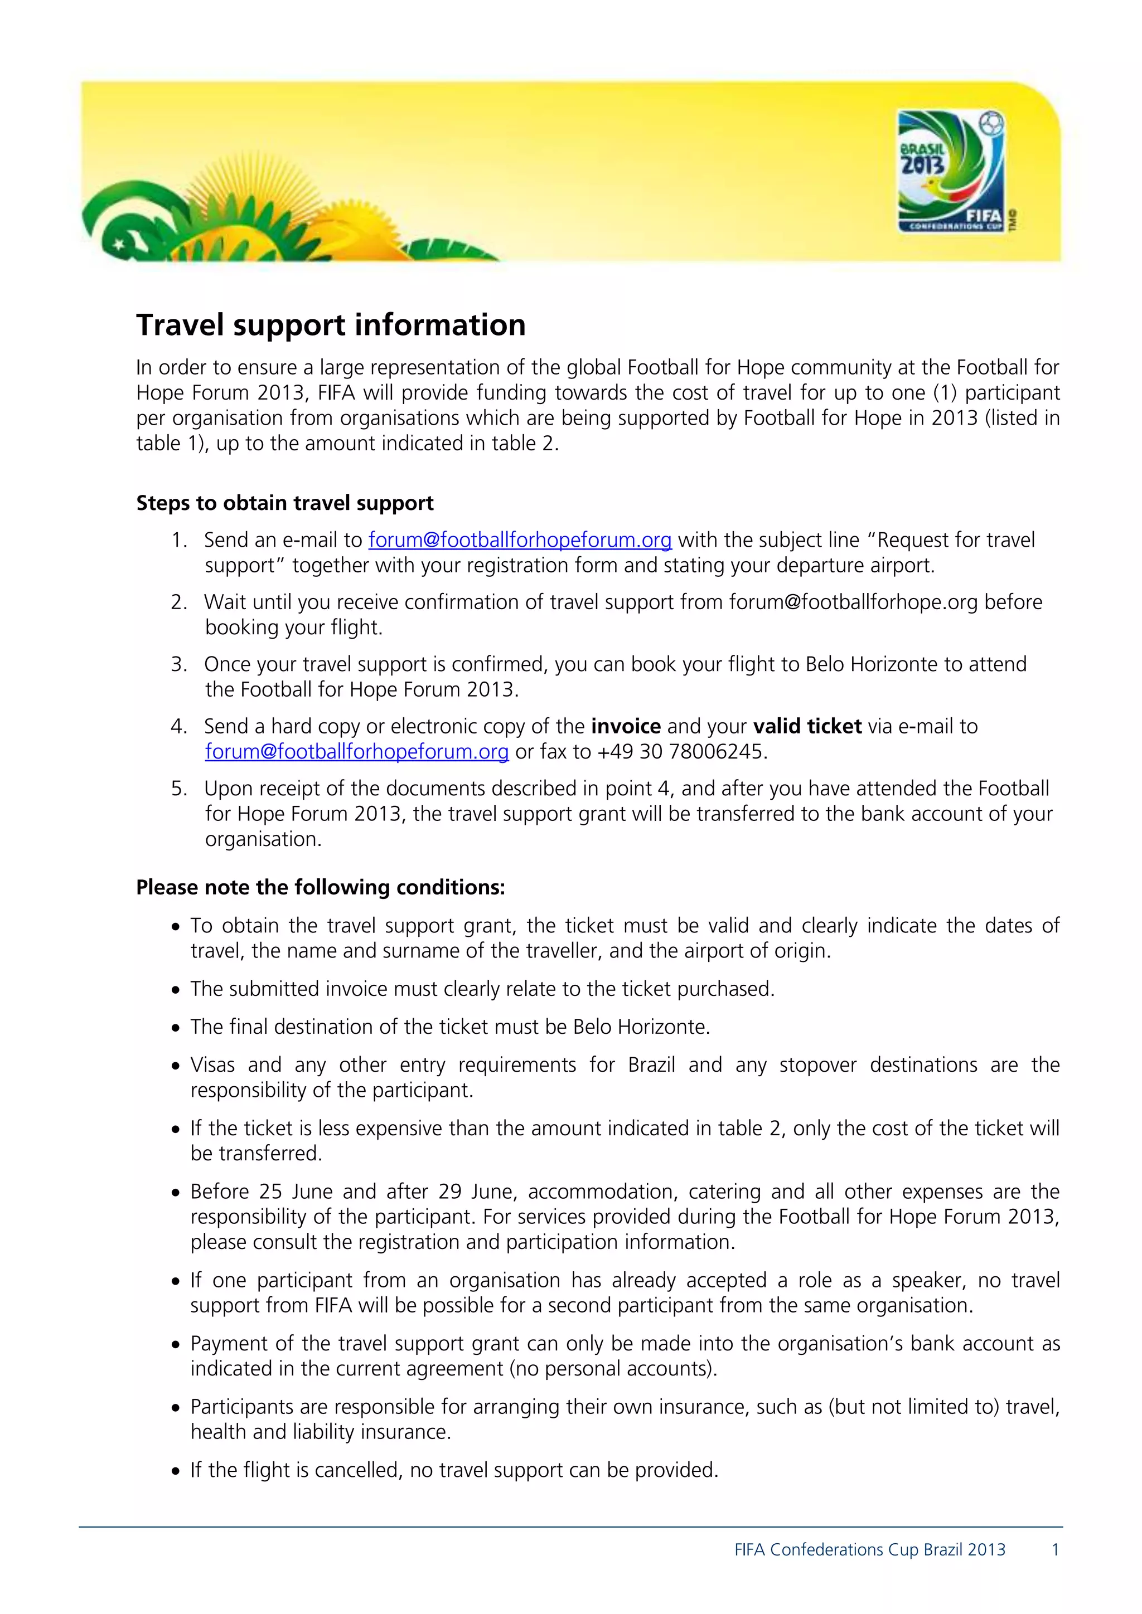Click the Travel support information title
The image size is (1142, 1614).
(331, 325)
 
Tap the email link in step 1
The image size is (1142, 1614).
(520, 540)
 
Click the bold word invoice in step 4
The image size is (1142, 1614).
(625, 726)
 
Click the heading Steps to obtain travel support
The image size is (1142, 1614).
(285, 503)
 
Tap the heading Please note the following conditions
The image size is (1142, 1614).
(320, 887)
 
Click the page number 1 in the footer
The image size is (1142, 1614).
(1055, 1549)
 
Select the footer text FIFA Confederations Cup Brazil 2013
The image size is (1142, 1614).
(869, 1549)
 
